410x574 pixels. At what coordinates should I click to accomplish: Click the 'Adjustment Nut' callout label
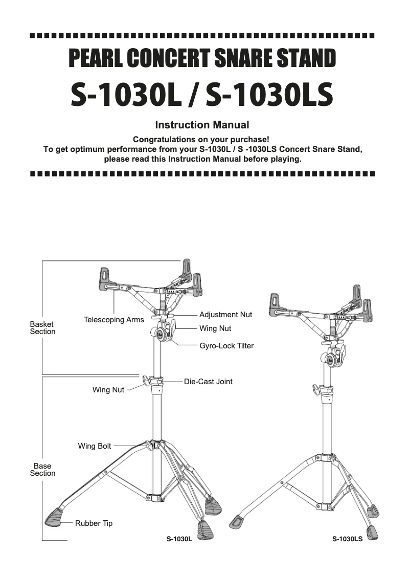click(x=225, y=315)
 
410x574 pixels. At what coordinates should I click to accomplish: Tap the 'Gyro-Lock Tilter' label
click(x=226, y=346)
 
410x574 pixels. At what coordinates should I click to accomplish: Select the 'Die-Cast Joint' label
click(x=208, y=382)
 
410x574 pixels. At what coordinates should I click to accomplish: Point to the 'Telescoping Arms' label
click(x=114, y=320)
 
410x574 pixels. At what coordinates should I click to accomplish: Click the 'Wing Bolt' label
click(x=95, y=446)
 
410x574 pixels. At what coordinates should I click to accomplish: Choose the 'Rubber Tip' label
click(x=94, y=523)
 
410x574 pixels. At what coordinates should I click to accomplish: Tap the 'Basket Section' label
click(x=42, y=328)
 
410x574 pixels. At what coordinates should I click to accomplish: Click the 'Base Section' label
click(x=42, y=470)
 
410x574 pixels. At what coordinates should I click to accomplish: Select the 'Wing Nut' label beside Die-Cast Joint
click(x=108, y=390)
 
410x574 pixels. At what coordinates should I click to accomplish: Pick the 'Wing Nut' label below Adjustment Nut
click(x=215, y=328)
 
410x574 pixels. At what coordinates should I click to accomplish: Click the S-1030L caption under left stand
click(x=179, y=539)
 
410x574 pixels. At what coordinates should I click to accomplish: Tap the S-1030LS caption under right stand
click(x=347, y=539)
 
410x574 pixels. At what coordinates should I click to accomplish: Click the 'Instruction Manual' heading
click(x=202, y=125)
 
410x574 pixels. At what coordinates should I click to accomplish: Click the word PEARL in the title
click(x=95, y=59)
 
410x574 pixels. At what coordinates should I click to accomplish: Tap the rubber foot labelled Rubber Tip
click(x=55, y=518)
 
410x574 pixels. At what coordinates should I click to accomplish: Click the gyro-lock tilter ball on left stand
click(x=162, y=334)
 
